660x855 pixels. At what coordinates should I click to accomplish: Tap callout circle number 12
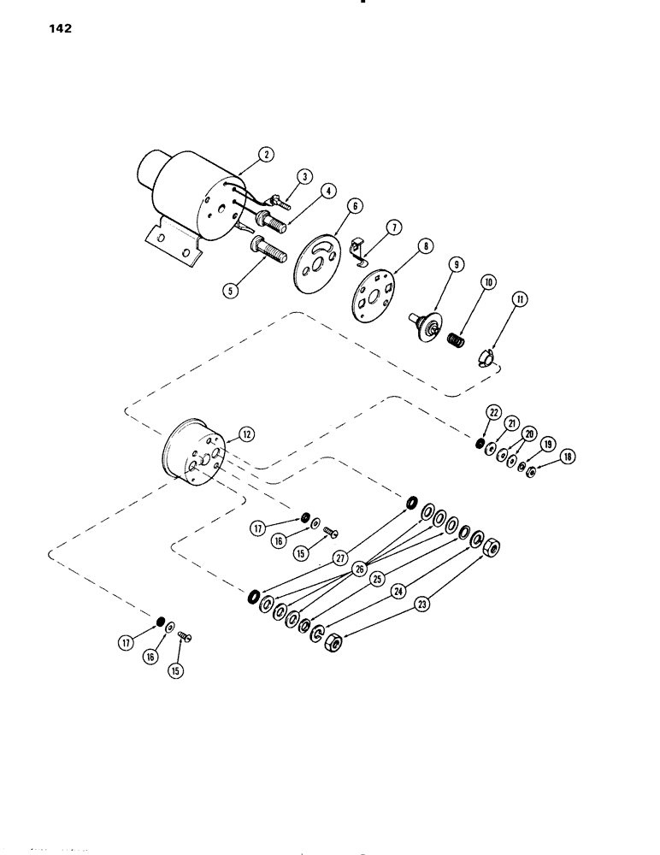point(247,434)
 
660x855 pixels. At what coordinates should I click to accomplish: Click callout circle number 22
point(492,412)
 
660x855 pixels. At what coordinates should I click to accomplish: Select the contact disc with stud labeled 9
point(428,328)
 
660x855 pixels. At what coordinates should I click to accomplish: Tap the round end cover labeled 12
point(192,453)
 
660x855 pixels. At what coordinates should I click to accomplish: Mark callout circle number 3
point(303,177)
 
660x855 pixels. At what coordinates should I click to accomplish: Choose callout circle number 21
point(511,423)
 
